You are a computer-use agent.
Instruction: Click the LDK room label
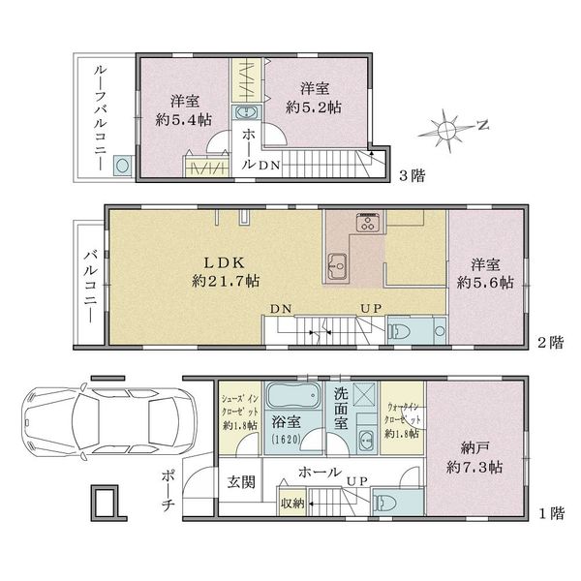(x=225, y=262)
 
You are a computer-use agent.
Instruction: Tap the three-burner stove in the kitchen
(x=368, y=223)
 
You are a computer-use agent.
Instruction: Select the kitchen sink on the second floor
(x=337, y=266)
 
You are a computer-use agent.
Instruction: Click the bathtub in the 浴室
(x=293, y=395)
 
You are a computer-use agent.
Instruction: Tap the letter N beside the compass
(x=482, y=125)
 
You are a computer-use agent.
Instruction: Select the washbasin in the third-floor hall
(x=246, y=111)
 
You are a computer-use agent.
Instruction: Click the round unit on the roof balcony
(x=122, y=166)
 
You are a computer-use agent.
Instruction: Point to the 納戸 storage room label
(x=474, y=448)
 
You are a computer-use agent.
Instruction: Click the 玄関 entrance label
(x=241, y=482)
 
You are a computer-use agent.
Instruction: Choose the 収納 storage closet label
(x=292, y=504)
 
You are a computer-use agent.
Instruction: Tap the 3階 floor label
(x=412, y=175)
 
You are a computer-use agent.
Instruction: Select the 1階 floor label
(x=551, y=513)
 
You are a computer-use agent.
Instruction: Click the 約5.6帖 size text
(x=485, y=283)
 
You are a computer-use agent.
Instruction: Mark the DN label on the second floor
(x=281, y=309)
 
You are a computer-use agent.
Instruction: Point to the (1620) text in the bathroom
(x=286, y=440)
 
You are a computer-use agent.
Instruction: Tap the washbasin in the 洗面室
(x=367, y=439)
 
